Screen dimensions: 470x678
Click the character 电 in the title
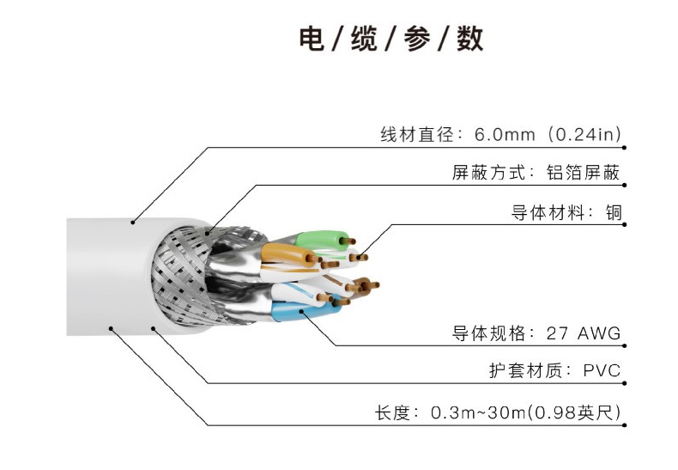pos(312,39)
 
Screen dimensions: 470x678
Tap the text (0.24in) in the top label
pos(584,135)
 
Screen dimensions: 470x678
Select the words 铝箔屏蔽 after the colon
pos(583,173)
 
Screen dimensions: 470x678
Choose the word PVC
pos(601,372)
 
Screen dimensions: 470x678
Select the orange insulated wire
pos(282,254)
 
